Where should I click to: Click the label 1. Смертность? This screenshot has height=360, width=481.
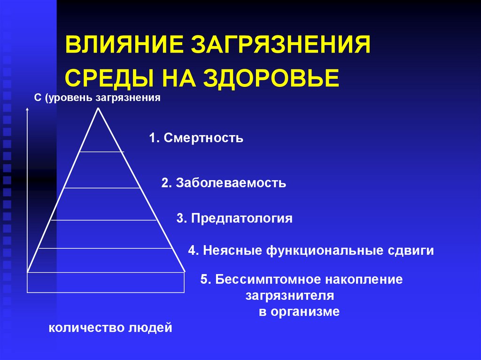(196, 138)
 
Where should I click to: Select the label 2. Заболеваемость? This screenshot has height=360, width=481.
(224, 183)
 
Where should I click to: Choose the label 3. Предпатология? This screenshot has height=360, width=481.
(235, 218)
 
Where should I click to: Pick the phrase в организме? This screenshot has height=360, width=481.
(299, 312)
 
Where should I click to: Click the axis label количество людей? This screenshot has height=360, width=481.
(111, 327)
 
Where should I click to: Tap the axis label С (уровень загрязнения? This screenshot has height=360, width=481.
(98, 98)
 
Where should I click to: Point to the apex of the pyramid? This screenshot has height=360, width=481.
(98, 109)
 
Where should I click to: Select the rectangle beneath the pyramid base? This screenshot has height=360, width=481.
(105, 282)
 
